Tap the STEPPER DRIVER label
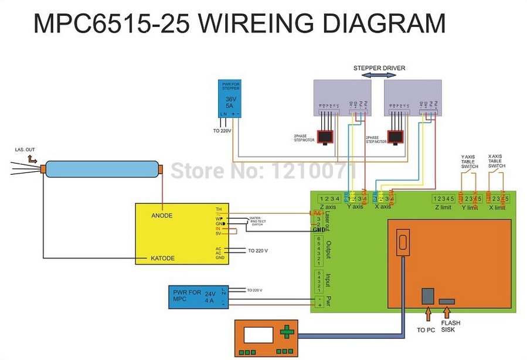point(379,69)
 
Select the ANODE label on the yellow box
point(162,215)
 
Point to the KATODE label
point(163,258)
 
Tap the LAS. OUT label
point(25,150)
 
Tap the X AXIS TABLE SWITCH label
point(497,161)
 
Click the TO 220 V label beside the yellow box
point(257,250)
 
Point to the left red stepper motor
point(325,136)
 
